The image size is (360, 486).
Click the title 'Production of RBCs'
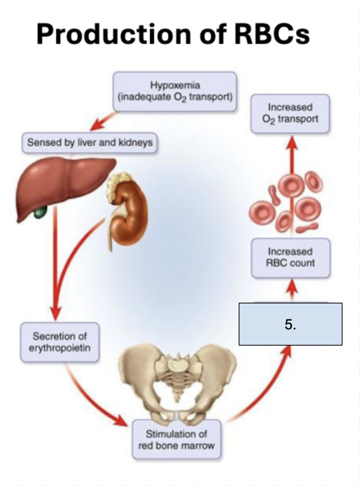click(x=173, y=34)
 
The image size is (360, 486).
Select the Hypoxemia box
click(x=175, y=91)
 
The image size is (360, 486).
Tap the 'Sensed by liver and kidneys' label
click(x=90, y=142)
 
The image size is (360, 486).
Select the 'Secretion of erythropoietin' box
click(x=60, y=342)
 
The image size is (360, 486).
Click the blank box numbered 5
click(x=290, y=325)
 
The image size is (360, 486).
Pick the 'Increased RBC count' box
click(x=290, y=257)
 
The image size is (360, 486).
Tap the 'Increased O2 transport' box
click(x=290, y=113)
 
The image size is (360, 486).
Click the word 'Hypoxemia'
click(x=175, y=86)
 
